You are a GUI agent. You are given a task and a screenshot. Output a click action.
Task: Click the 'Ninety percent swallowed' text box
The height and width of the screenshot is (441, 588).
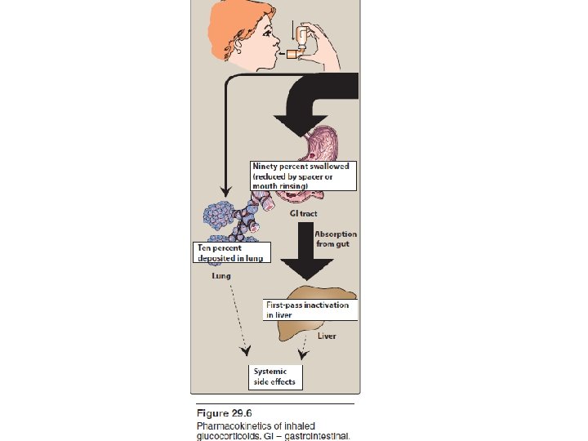tap(303, 176)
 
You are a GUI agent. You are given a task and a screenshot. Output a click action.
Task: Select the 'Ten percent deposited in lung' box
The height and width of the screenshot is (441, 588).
tap(232, 252)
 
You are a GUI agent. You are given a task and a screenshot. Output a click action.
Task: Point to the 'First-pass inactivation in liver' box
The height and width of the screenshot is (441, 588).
tap(308, 310)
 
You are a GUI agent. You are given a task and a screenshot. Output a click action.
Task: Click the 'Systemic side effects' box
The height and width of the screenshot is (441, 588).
tap(274, 377)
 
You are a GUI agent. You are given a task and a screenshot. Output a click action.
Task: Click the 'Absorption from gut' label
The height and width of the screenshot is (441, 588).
tap(335, 239)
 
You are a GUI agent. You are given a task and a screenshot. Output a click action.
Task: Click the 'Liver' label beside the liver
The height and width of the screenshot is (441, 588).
tap(327, 336)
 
